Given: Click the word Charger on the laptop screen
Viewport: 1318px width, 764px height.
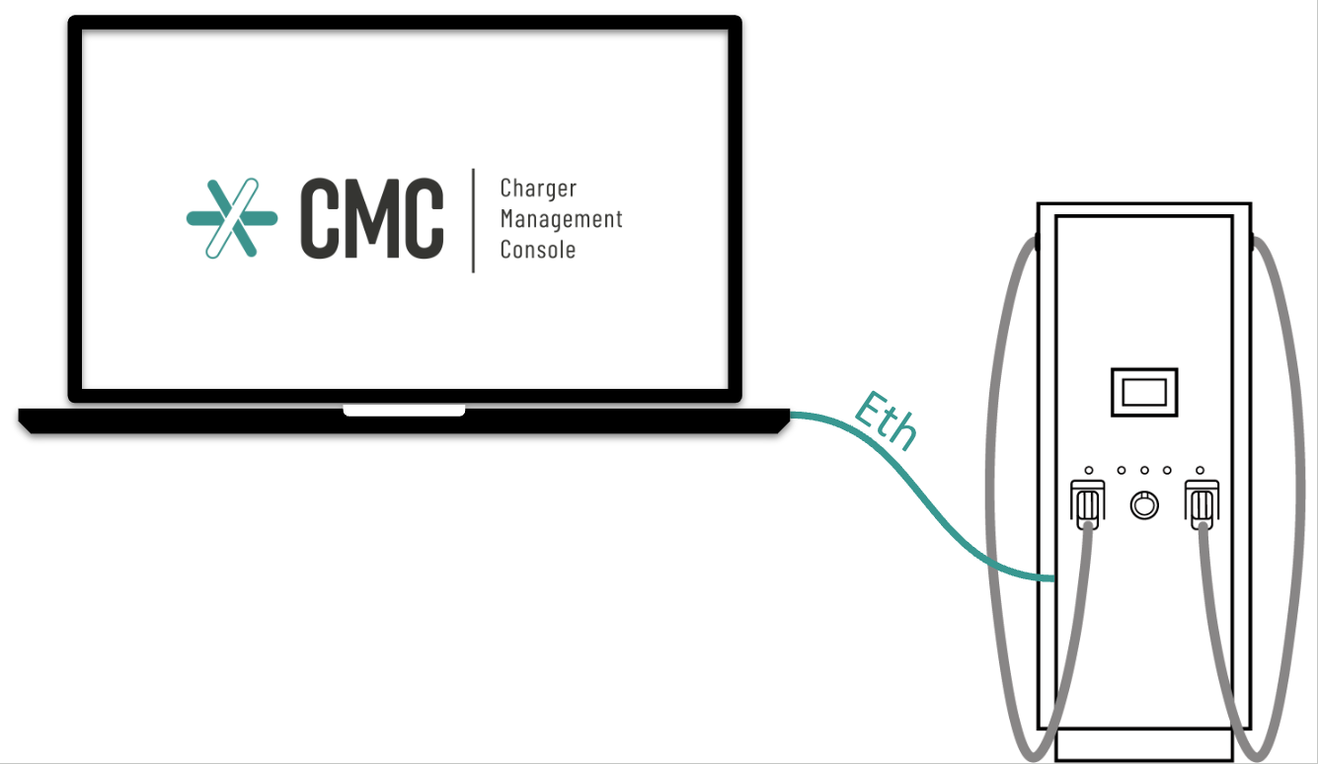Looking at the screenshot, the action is [x=538, y=189].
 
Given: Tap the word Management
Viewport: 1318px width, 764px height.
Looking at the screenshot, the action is [x=562, y=219].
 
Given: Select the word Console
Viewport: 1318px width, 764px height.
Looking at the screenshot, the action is [x=538, y=250].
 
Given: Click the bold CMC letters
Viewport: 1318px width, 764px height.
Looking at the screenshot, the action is [x=372, y=218].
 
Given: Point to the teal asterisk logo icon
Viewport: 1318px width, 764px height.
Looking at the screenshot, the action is [x=232, y=218].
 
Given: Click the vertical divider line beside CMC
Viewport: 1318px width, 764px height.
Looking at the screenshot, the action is [x=473, y=220].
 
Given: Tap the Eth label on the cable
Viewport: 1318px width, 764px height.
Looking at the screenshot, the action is [x=886, y=421].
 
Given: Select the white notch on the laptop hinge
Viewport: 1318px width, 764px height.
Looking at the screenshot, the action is [x=404, y=410].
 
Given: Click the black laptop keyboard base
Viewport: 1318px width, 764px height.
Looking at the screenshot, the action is [x=404, y=421].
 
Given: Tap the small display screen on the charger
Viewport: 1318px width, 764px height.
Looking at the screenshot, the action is [x=1144, y=392].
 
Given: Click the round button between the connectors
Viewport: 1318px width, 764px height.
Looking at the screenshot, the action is [x=1144, y=505].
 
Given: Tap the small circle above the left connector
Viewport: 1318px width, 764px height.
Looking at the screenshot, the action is [x=1089, y=471].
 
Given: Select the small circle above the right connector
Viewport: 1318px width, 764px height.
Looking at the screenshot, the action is [x=1200, y=471].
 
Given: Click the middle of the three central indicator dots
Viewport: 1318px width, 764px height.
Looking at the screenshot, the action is [x=1144, y=471].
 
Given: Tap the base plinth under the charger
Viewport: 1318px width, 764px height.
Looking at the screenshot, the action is [x=1144, y=745].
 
